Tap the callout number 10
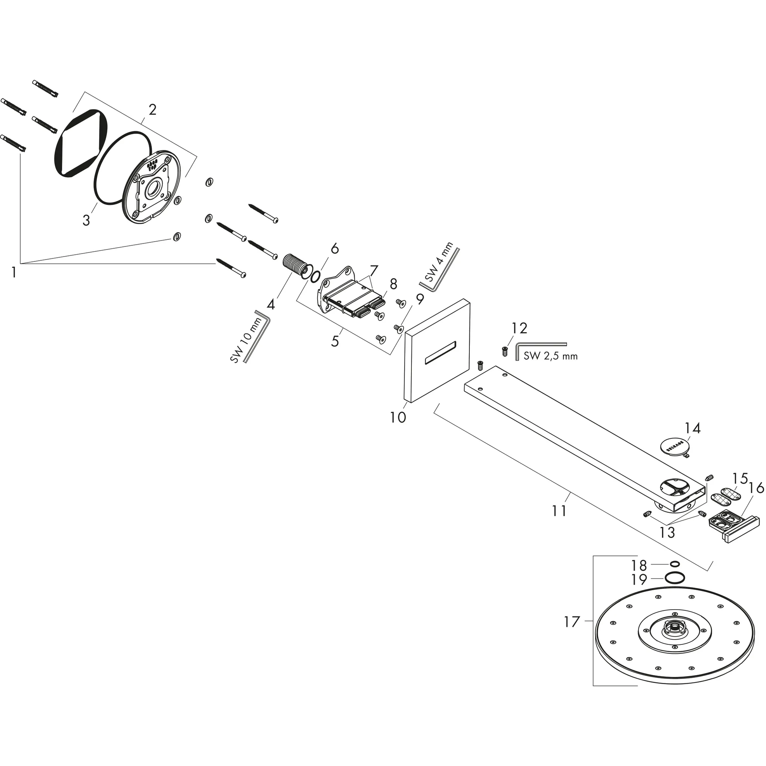click(x=398, y=417)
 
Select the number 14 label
click(x=692, y=428)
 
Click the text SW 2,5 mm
click(x=550, y=356)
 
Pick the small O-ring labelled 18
click(x=674, y=564)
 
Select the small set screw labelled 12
click(x=505, y=351)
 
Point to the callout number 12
click(x=519, y=328)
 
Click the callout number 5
click(x=335, y=341)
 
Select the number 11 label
click(x=559, y=511)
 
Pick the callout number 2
click(x=152, y=110)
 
